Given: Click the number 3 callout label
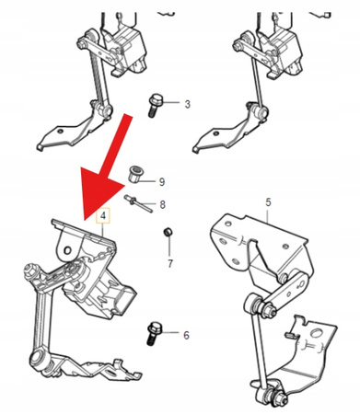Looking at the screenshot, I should click(187, 104).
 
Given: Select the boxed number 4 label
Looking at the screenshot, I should click(104, 217).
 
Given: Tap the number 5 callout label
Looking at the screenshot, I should click(268, 201).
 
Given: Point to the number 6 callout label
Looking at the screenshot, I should click(185, 336).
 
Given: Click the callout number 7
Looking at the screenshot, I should click(168, 264).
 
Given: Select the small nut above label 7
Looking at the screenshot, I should click(168, 231).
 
